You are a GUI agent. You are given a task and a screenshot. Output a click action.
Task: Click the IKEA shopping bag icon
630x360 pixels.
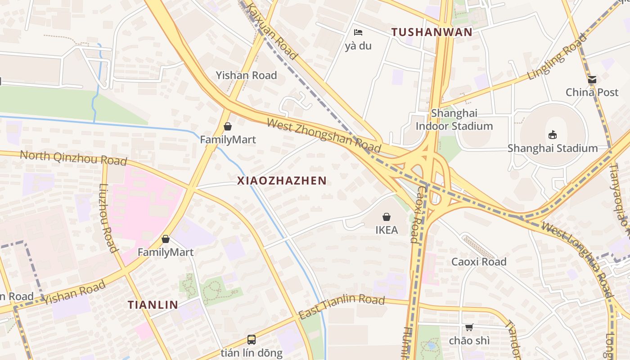click(386, 217)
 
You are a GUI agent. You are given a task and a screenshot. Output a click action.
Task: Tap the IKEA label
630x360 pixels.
click(387, 230)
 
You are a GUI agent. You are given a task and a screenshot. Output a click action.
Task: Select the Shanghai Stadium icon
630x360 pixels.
click(553, 134)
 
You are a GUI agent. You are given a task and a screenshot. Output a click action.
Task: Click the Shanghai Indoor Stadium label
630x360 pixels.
click(454, 120)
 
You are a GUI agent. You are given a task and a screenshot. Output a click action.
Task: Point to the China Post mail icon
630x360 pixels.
click(592, 80)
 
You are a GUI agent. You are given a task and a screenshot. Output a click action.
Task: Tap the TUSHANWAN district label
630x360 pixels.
click(432, 32)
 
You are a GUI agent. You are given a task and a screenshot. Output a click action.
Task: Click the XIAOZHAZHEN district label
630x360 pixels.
click(282, 181)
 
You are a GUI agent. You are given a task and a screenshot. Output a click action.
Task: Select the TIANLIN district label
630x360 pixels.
click(153, 305)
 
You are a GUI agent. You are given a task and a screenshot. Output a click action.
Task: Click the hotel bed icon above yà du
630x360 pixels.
click(358, 32)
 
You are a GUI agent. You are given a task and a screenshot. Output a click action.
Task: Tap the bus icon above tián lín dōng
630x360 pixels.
click(252, 339)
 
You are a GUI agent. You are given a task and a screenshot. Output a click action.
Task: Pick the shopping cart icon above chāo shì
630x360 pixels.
click(469, 327)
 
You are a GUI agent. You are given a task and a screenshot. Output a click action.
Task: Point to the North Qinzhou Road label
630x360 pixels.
click(73, 158)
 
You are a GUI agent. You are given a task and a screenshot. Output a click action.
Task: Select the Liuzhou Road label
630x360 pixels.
click(108, 218)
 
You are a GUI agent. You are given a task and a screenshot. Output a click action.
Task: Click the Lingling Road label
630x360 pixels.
click(557, 57)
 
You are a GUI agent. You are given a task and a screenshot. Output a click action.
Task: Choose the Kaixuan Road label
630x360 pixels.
click(273, 32)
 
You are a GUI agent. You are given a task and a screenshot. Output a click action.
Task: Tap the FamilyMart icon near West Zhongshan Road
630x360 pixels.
click(228, 126)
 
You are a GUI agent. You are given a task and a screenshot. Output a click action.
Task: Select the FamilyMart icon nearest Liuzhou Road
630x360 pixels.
click(166, 239)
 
